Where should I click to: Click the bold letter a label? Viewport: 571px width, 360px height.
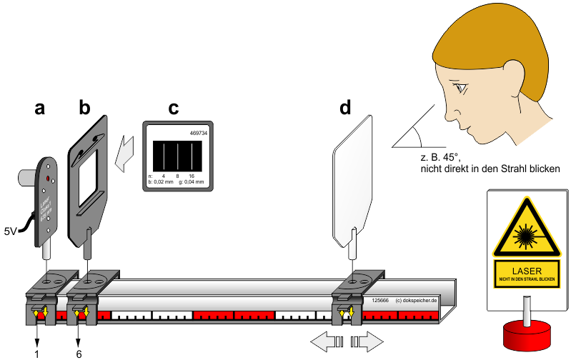(40, 109)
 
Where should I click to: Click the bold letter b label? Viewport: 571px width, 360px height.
(84, 109)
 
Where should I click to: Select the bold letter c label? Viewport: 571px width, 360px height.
(173, 109)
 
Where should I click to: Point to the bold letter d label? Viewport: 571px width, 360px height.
(345, 109)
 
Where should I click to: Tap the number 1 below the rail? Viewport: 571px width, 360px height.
(37, 353)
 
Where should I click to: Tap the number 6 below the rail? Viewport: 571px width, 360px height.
(79, 353)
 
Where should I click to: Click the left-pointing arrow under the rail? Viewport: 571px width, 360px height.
(325, 341)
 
